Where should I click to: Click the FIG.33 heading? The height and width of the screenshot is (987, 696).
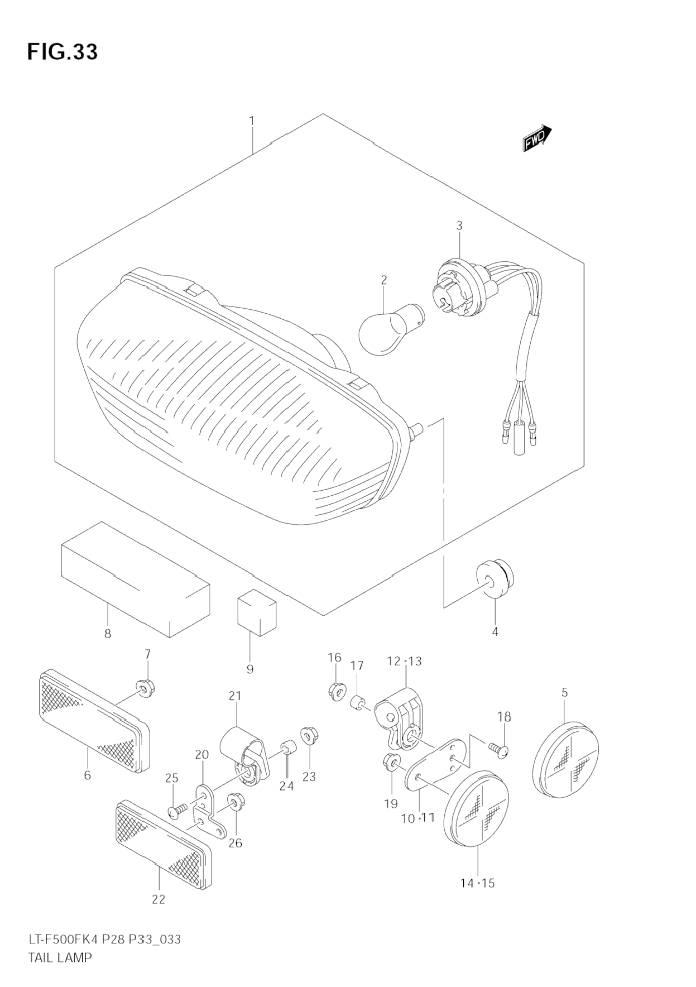coord(62,52)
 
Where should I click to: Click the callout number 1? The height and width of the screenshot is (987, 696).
coord(252,121)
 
